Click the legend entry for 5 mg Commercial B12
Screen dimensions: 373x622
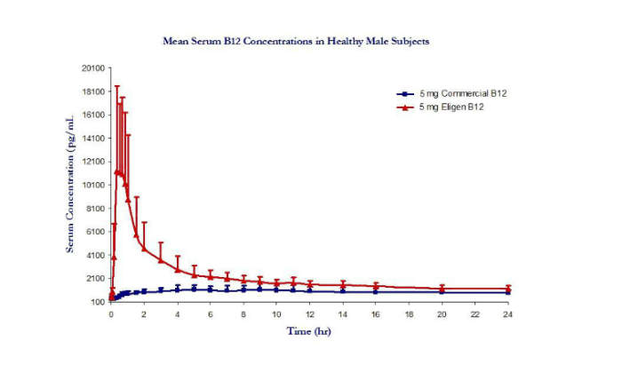point(461,93)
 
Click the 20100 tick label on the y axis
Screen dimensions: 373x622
point(93,67)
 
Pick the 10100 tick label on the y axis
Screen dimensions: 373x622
point(93,185)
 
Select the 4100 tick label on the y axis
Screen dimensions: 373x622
point(95,255)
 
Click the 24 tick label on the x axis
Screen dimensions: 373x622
point(508,313)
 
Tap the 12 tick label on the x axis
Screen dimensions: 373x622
point(309,313)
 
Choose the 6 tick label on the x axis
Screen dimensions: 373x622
point(211,313)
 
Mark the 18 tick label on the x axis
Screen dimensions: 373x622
point(409,313)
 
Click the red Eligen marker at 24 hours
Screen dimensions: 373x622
point(508,289)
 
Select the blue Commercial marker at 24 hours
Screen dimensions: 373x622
point(508,292)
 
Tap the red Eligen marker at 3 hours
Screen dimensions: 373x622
point(161,259)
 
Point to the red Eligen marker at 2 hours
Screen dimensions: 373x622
point(144,248)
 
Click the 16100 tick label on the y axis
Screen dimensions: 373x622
point(93,115)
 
